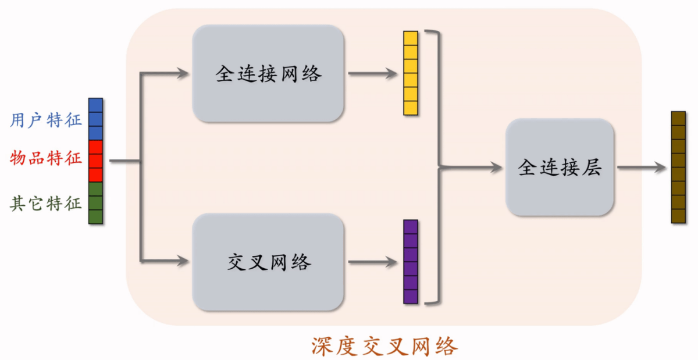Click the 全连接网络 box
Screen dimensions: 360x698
[x=268, y=74]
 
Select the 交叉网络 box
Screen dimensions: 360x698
[x=268, y=262]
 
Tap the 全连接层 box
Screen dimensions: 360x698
[x=560, y=167]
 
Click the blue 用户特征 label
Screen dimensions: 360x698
[x=46, y=120]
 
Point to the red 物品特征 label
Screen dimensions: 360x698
[x=46, y=158]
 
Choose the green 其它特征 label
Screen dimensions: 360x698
[x=46, y=203]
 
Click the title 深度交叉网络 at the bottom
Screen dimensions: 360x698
[x=384, y=346]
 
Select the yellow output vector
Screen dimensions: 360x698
[x=411, y=73]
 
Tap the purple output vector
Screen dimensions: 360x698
[x=411, y=262]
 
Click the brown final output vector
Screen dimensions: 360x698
[x=678, y=167]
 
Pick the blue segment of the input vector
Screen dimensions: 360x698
[x=95, y=119]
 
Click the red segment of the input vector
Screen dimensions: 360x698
[x=95, y=161]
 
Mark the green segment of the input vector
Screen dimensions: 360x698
[x=95, y=203]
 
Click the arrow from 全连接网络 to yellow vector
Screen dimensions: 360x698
[x=372, y=74]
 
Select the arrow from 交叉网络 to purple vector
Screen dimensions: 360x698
[x=372, y=262]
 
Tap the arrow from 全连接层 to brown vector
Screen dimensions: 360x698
[x=640, y=167]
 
